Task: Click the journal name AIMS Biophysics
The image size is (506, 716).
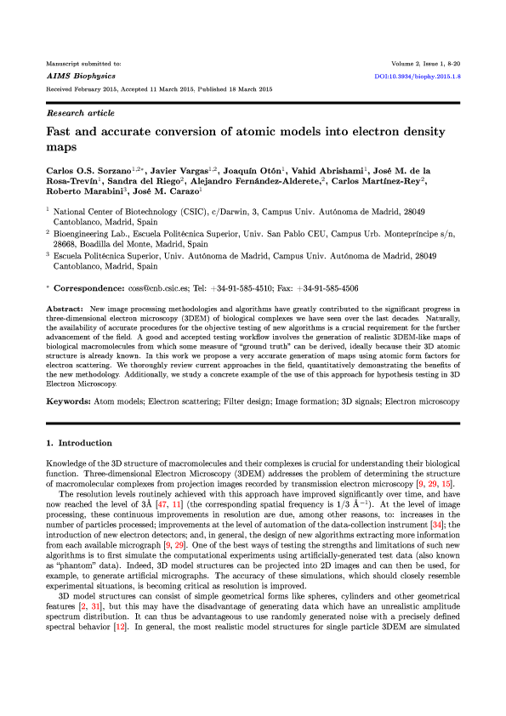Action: pyautogui.click(x=71, y=76)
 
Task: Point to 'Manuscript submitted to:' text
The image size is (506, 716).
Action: pyautogui.click(x=83, y=64)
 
